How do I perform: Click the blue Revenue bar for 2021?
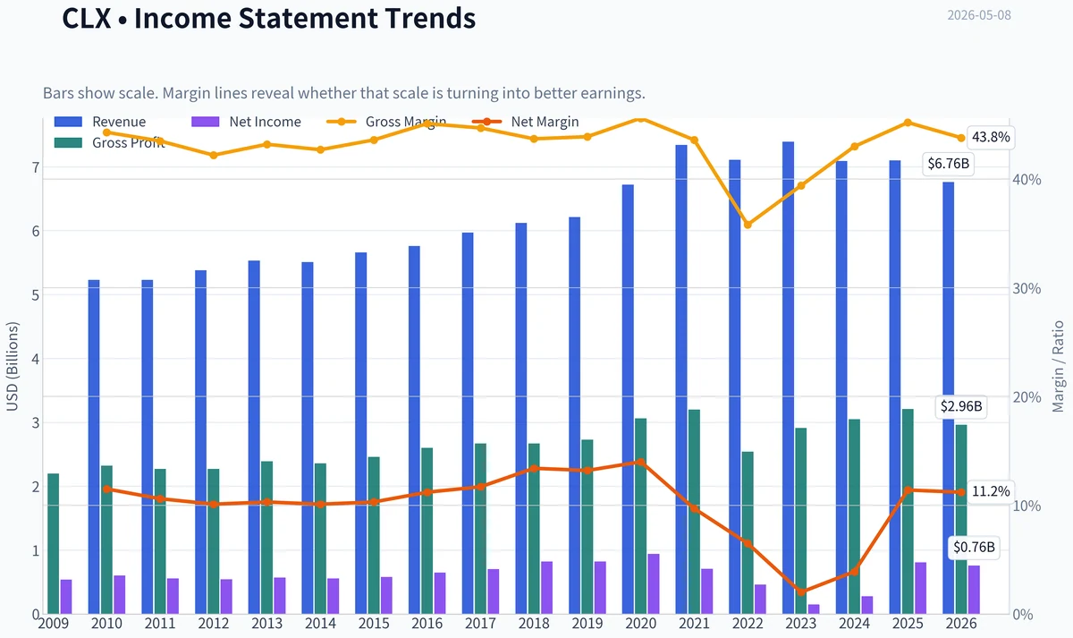coord(681,379)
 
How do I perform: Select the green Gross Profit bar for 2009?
coord(53,543)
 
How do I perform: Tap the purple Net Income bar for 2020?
coord(654,583)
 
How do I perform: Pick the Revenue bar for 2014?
coord(308,438)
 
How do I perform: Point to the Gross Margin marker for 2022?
coord(748,225)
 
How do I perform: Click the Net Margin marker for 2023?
coord(801,592)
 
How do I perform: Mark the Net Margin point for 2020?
coord(641,462)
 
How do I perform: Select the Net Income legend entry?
coord(246,122)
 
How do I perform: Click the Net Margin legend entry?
coord(526,122)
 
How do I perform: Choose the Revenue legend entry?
coord(100,122)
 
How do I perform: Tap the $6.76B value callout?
coord(948,164)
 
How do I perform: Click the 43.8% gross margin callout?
coord(991,137)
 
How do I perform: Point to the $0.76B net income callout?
coord(974,547)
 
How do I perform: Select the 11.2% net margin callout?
coord(991,491)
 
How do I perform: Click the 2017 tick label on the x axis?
coord(480,624)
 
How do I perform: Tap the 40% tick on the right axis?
coord(1027,180)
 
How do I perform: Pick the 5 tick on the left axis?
coord(36,295)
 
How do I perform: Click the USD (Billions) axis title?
coord(13,366)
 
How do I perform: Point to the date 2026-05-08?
coord(979,15)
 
